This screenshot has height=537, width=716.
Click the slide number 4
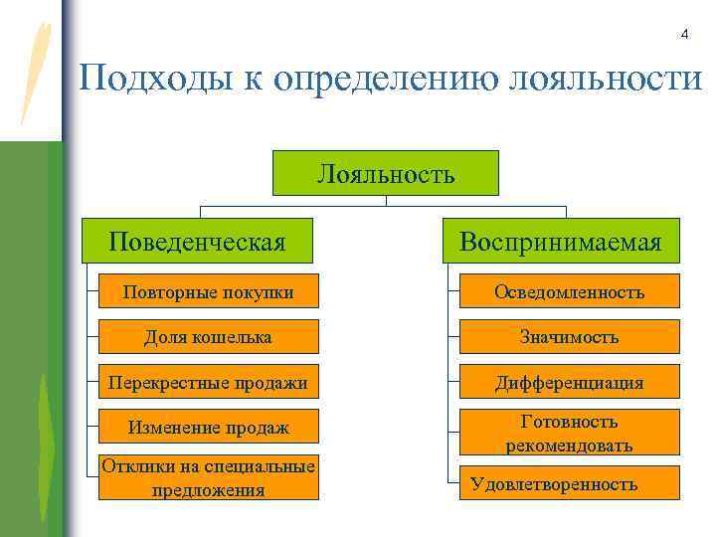point(684,35)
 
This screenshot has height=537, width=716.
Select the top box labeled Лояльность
point(386,173)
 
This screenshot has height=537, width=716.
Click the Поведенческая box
point(197,241)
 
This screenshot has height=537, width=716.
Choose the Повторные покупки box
point(208,291)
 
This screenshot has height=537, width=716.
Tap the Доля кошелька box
point(208,337)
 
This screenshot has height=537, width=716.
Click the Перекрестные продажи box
point(208,382)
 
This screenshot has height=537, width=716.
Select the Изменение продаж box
point(208,428)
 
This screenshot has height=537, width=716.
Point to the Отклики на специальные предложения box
point(208,477)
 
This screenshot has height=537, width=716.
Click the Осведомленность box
point(569,291)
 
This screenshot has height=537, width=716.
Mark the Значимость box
point(569,337)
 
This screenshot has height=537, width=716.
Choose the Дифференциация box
point(569,382)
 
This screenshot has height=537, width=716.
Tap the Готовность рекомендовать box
point(569,433)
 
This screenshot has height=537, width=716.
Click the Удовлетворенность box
point(569,483)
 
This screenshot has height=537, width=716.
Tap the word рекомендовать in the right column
point(569,445)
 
